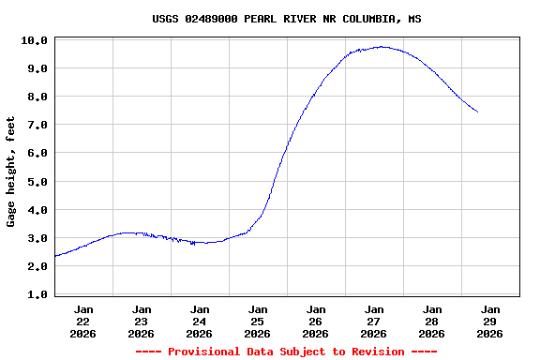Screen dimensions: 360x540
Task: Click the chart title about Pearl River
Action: coord(286,19)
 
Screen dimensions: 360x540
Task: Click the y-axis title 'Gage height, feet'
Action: coord(11,172)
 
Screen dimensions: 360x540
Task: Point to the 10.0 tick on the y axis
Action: coord(34,40)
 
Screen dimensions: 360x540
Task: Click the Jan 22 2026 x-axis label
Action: coord(83,321)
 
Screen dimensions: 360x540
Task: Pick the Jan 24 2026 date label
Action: coord(200,321)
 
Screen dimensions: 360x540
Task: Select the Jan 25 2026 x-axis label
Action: coord(258,321)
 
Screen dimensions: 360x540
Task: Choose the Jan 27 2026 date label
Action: coord(374,321)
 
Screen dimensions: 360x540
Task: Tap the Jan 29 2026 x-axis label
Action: coord(489,321)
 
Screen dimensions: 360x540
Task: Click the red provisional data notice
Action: coord(286,352)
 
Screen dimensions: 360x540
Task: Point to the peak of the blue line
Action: coord(381,46)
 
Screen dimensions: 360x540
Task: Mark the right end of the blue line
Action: coord(477,112)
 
